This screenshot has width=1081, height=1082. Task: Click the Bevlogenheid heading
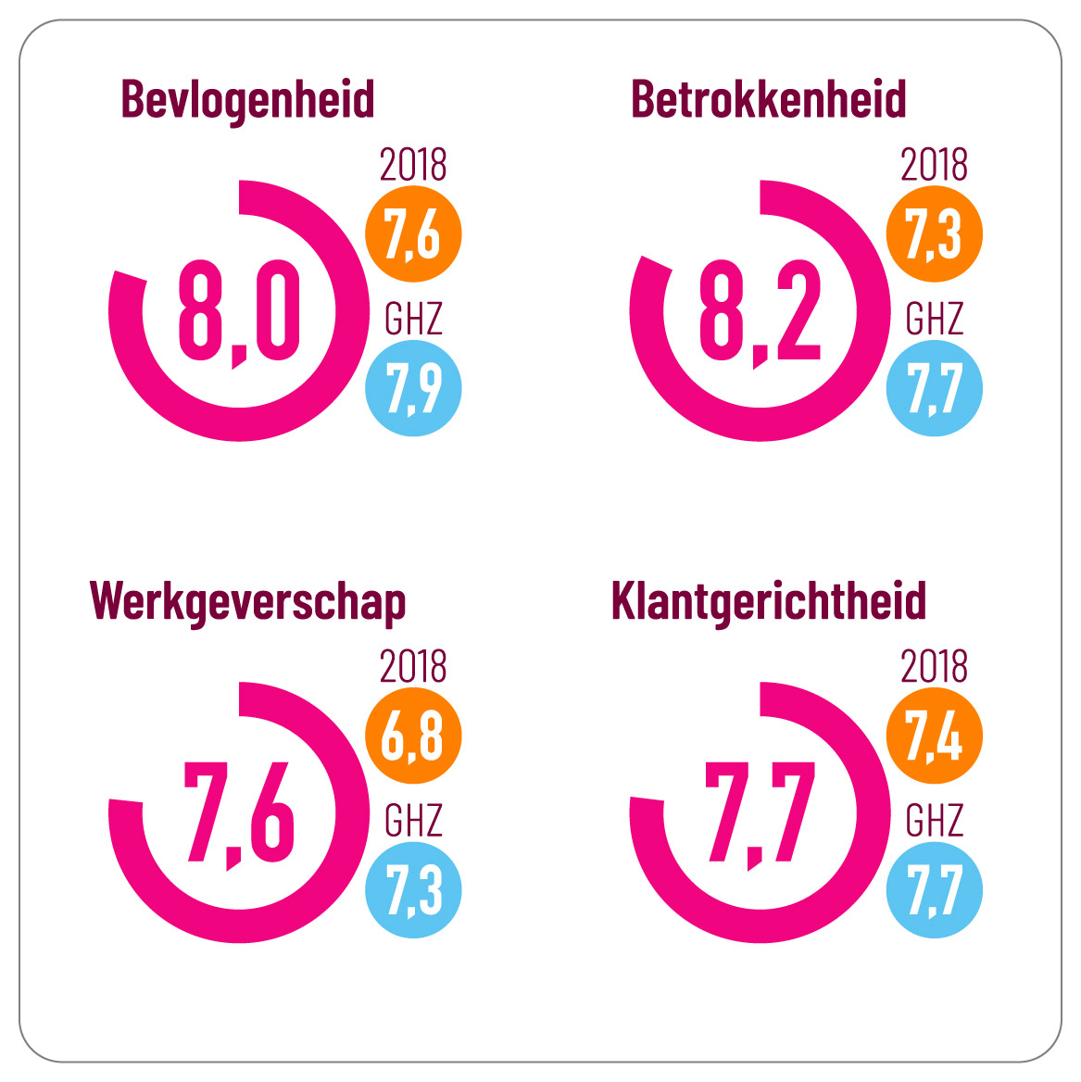click(247, 100)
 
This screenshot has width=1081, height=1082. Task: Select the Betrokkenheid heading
click(768, 100)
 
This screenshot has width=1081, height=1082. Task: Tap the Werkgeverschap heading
click(247, 603)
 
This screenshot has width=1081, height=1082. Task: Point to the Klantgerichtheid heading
click(768, 601)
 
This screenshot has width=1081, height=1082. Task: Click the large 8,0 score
click(239, 311)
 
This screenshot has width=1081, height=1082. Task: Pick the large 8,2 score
click(760, 311)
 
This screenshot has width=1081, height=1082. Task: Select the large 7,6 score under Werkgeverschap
click(239, 813)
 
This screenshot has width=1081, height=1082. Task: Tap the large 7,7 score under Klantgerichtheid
click(760, 813)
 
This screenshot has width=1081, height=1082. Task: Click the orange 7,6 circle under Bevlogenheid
click(413, 234)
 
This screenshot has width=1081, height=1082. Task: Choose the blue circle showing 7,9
click(413, 387)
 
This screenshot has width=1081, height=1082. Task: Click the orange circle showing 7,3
click(934, 234)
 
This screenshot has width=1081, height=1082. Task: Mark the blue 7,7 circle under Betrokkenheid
click(934, 387)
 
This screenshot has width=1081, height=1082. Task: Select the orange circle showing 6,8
click(413, 736)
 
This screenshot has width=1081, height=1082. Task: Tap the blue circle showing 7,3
click(413, 889)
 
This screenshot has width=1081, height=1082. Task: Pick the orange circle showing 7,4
click(934, 736)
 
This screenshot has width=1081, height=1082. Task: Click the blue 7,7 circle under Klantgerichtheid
click(934, 889)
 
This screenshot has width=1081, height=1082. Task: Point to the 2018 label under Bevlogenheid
click(413, 165)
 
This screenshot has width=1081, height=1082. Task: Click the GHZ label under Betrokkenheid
click(934, 319)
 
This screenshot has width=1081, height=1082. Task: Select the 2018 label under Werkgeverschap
click(413, 667)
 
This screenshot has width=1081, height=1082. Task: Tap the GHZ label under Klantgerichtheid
click(934, 821)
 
